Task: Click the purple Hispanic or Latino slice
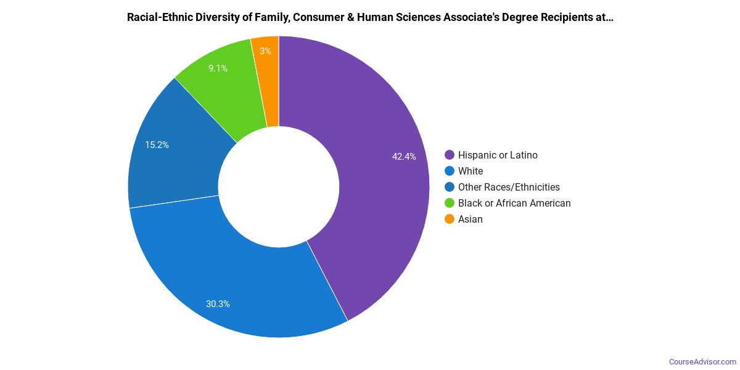coord(370,185)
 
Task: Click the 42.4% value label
coord(404,157)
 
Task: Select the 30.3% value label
coord(218,303)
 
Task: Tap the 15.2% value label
coord(157,145)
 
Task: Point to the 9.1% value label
coord(218,68)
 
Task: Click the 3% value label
coord(265,51)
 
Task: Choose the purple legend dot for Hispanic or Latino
coord(449,155)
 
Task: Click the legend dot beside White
coord(449,171)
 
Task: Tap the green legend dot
coord(449,203)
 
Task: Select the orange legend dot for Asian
coord(449,220)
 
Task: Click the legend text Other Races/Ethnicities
coord(509,187)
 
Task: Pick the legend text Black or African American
coord(514,203)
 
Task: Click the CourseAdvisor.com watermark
coord(702,361)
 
